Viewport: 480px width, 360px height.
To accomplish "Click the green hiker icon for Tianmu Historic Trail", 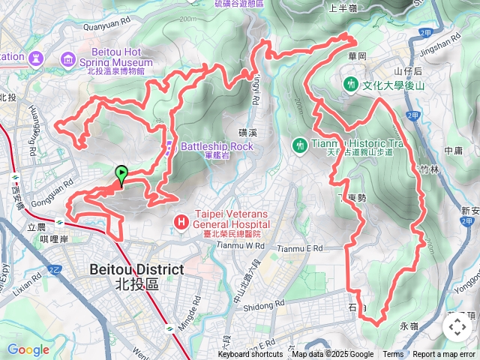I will point(300,143).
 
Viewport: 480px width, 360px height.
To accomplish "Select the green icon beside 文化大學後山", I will point(350,85).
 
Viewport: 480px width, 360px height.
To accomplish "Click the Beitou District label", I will point(136,269).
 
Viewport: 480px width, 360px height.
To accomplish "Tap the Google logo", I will point(28,349).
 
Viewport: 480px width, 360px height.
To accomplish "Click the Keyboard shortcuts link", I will point(252,355).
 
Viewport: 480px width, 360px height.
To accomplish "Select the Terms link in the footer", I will point(393,355).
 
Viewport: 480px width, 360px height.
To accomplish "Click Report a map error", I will point(444,355).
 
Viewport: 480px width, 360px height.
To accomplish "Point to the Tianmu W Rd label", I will point(239,245).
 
